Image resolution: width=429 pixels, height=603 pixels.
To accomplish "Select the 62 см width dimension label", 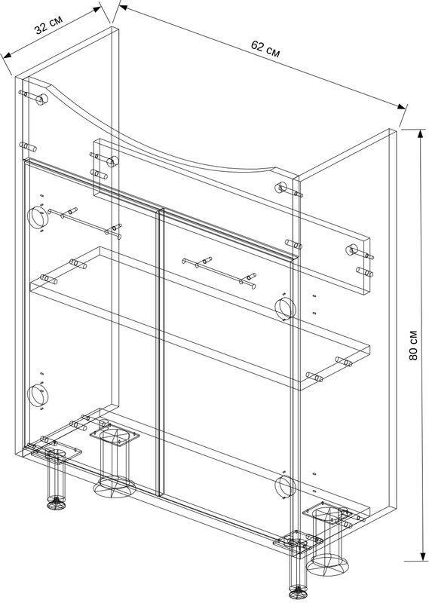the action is coord(265,49).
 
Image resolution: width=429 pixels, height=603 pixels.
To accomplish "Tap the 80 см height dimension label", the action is coord(413,345).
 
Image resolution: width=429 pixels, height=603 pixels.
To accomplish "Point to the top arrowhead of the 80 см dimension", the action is coord(420,134).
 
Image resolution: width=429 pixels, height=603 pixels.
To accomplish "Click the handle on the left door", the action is coord(84,223).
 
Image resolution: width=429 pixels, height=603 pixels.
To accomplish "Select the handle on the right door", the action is coord(219,273).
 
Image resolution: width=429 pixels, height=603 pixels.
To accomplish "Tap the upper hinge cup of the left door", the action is coord(37,216).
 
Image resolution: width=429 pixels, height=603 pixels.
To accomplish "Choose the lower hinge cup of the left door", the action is coord(38,394).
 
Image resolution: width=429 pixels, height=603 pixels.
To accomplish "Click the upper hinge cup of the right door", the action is coord(285,308).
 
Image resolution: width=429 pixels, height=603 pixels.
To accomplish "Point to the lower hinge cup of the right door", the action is coord(285,485).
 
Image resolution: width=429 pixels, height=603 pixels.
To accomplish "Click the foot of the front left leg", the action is coord(57,503).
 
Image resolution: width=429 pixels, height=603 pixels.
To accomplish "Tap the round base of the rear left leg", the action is coord(115,486).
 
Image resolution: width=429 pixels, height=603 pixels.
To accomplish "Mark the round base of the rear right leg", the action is coord(327,565).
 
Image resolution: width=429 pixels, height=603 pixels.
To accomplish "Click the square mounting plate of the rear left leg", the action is coord(115,436).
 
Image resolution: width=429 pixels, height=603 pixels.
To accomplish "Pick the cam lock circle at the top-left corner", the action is coord(41,99).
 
